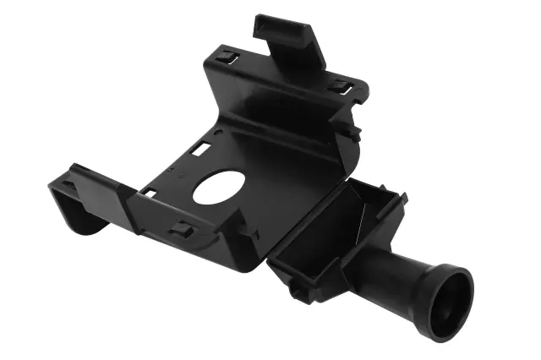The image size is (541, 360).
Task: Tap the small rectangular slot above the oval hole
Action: pos(200,149)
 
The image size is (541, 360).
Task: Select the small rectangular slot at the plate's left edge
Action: pos(148,192)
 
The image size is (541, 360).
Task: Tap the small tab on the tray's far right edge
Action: pos(403,200)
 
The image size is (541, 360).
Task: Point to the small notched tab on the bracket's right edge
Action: pos(353,133)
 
